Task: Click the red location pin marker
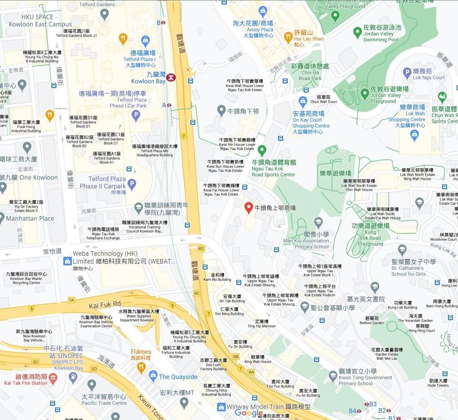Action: tap(249, 207)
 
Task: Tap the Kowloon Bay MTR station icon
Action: tap(171, 77)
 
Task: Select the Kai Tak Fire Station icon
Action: tap(53, 377)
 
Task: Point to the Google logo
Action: tap(249, 413)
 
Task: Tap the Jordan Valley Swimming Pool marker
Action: tap(357, 32)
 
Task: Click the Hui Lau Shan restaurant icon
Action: tap(288, 37)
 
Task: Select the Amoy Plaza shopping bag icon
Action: tap(262, 11)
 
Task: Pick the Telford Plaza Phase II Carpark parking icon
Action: tap(132, 184)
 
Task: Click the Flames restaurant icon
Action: tap(141, 366)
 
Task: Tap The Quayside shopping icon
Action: tap(153, 376)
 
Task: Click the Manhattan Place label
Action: tap(30, 218)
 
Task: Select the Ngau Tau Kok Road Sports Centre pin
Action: tap(262, 150)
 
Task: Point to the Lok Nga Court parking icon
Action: tap(407, 73)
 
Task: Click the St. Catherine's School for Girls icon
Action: tap(402, 249)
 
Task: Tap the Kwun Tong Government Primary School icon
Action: tap(333, 376)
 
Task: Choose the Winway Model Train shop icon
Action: tap(221, 407)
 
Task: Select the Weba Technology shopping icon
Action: tap(67, 261)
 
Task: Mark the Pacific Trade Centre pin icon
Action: tap(92, 385)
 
